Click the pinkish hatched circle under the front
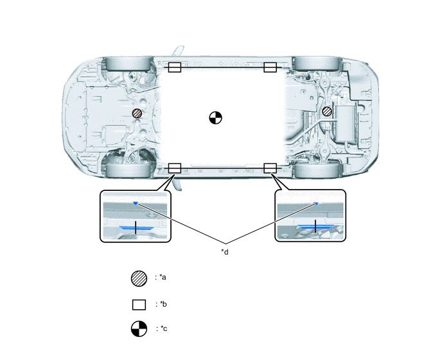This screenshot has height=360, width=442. tap(137, 113)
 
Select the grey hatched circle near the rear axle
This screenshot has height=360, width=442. tap(327, 111)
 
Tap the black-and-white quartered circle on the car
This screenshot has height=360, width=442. tap(216, 118)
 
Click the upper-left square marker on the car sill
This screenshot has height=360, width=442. tap(175, 67)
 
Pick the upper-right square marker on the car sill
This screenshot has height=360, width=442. tap(270, 67)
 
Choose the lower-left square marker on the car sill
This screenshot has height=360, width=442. tap(175, 168)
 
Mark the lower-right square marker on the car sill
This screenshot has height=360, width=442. tap(270, 168)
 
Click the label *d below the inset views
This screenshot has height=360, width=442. tap(225, 252)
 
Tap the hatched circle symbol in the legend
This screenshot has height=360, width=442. tap(139, 278)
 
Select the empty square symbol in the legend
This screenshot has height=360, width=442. tap(139, 305)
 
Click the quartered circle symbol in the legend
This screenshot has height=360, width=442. tap(139, 328)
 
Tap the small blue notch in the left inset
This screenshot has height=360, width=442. tap(136, 203)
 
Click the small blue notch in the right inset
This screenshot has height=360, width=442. tap(315, 203)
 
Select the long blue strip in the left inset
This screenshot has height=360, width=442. tap(136, 228)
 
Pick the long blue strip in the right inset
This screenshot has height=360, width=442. tap(315, 226)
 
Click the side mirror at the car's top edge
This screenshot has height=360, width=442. tap(178, 51)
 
